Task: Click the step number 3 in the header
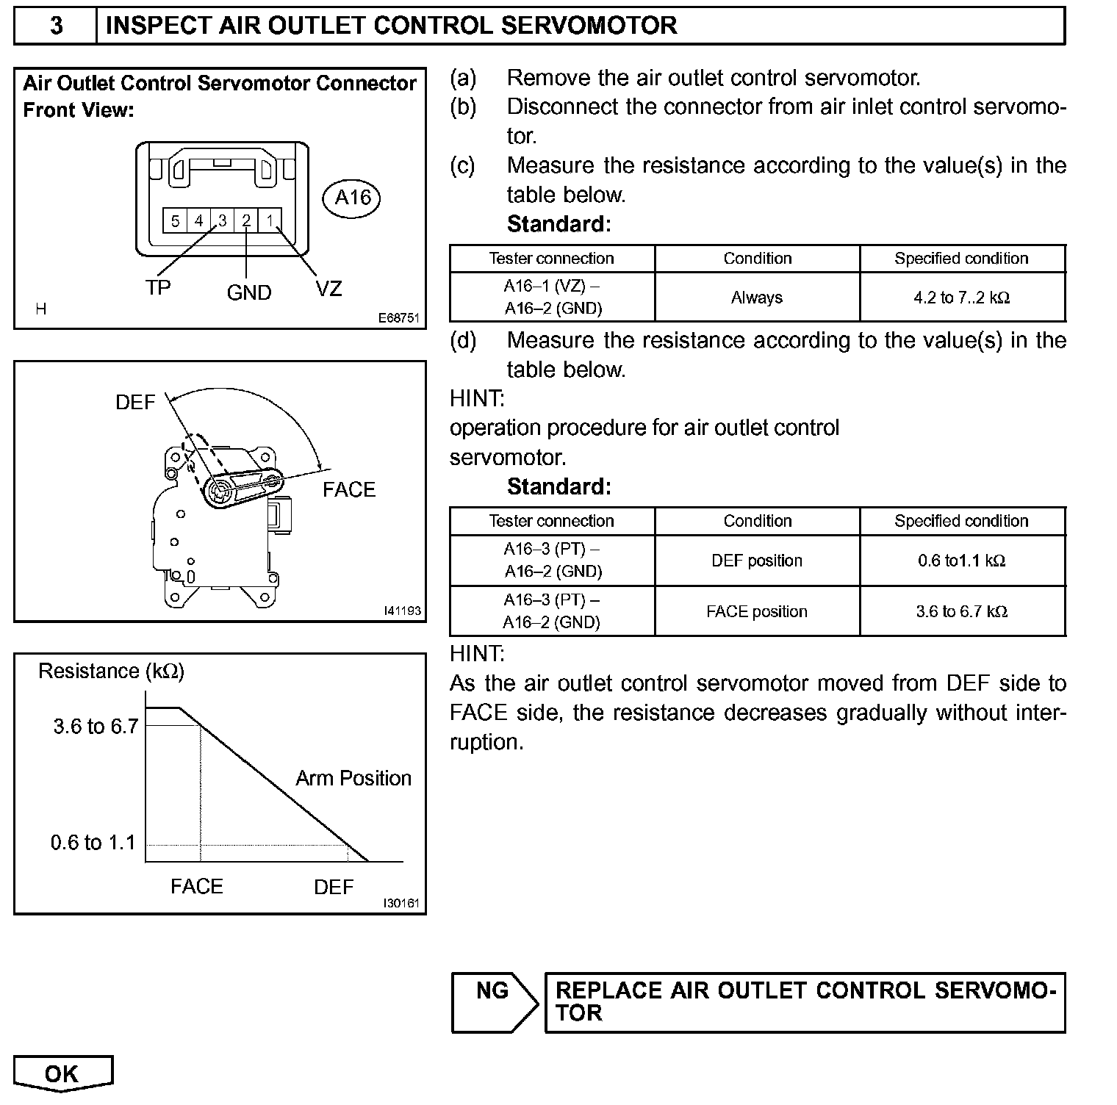[56, 26]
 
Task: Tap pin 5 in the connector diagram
[175, 220]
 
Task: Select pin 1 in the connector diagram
[270, 220]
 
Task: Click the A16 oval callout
[353, 198]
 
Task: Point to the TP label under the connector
[157, 288]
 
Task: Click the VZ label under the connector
[328, 289]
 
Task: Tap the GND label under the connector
[249, 292]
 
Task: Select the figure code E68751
[399, 318]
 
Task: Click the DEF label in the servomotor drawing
[135, 403]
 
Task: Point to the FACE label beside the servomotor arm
[348, 489]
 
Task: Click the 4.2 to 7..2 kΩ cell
[962, 298]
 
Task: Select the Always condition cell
[757, 298]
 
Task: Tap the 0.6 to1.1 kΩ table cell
[962, 561]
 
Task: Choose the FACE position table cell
[757, 611]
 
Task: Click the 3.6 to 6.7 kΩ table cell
[962, 611]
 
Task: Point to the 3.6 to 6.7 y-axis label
[96, 727]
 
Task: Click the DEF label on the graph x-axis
[334, 887]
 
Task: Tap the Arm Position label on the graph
[353, 778]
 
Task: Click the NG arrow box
[494, 1002]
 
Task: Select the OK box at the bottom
[62, 1074]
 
